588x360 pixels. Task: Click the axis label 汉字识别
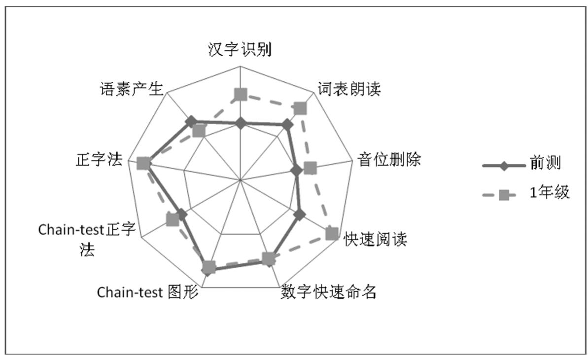pos(240,51)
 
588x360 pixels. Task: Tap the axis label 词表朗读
pos(349,90)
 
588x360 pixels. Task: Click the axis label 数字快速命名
pos(328,292)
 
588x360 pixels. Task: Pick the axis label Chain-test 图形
pos(147,292)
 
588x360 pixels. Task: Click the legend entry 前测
pos(544,162)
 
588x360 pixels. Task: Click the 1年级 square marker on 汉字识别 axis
pos(240,94)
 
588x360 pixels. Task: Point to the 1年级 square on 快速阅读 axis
pos(332,233)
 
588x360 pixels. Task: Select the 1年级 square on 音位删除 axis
pos(310,168)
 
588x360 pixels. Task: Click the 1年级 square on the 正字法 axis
pos(143,163)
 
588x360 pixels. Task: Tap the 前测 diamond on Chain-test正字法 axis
pos(181,215)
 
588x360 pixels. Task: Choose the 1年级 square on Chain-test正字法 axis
pos(172,219)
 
